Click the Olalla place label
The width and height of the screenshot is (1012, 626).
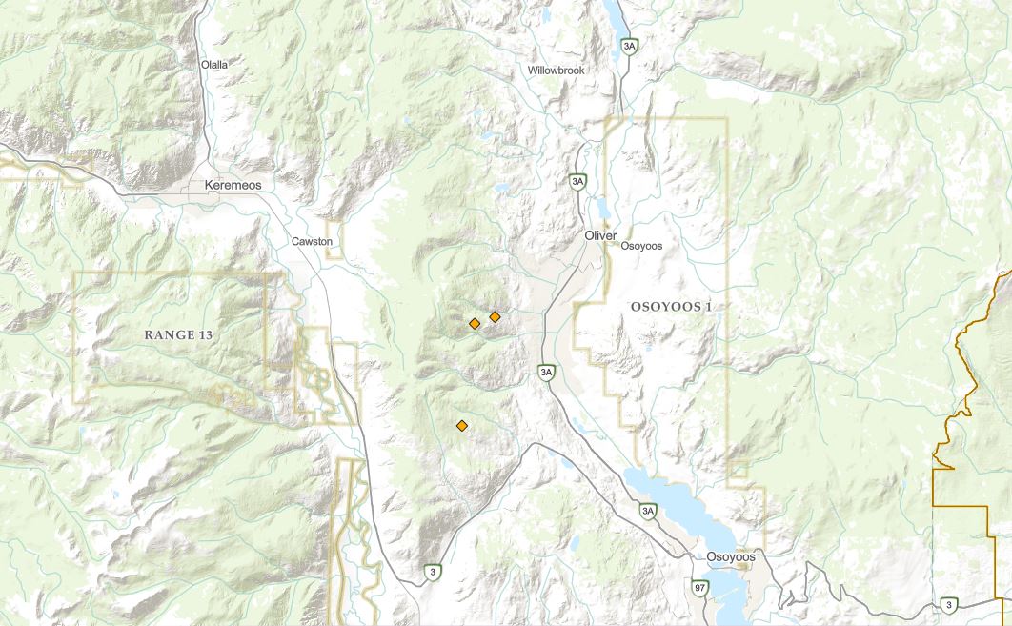214,65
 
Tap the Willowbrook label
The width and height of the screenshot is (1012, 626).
557,71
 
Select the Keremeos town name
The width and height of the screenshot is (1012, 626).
233,185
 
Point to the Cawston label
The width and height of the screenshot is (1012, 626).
313,242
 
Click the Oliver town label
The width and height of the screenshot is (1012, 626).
601,235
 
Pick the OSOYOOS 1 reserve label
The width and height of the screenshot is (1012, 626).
671,306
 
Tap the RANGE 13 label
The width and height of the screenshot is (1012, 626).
178,334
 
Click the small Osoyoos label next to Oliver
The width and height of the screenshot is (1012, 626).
640,246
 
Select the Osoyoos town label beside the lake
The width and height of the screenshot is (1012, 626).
731,556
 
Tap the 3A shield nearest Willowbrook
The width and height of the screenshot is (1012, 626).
627,46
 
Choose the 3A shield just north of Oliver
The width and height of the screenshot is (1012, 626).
577,181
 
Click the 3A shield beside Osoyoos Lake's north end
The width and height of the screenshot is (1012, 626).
649,512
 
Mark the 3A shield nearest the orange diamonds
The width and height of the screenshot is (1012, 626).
545,372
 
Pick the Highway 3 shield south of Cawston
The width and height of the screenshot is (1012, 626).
433,572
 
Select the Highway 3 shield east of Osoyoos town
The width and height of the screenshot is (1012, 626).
948,604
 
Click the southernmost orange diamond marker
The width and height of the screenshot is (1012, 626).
462,426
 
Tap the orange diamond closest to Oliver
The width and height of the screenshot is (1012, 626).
495,316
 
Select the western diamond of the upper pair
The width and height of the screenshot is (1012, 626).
475,324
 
